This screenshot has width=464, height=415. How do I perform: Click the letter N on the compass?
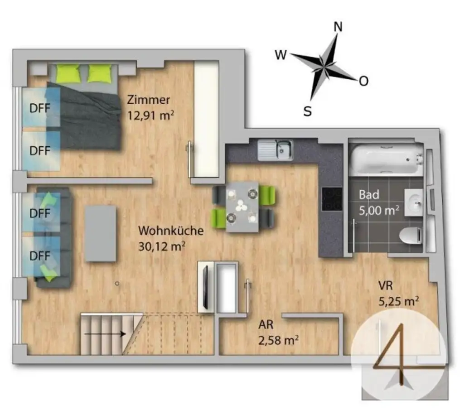pos(338,27)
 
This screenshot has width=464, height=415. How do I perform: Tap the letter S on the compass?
pos(307,111)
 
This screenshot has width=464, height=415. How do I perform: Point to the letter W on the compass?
pos(280,55)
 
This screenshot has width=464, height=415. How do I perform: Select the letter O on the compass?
pos(363,81)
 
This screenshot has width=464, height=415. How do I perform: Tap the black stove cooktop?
pos(331,199)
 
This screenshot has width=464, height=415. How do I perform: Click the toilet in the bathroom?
pos(411,236)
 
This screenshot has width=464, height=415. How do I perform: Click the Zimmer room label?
pos(149,100)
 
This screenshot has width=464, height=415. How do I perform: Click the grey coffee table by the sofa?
pos(101,233)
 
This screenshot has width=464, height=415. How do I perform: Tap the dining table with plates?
pos(242,207)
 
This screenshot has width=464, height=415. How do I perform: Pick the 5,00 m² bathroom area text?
pos(379,210)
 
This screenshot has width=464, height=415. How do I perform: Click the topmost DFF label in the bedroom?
pos(39,108)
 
